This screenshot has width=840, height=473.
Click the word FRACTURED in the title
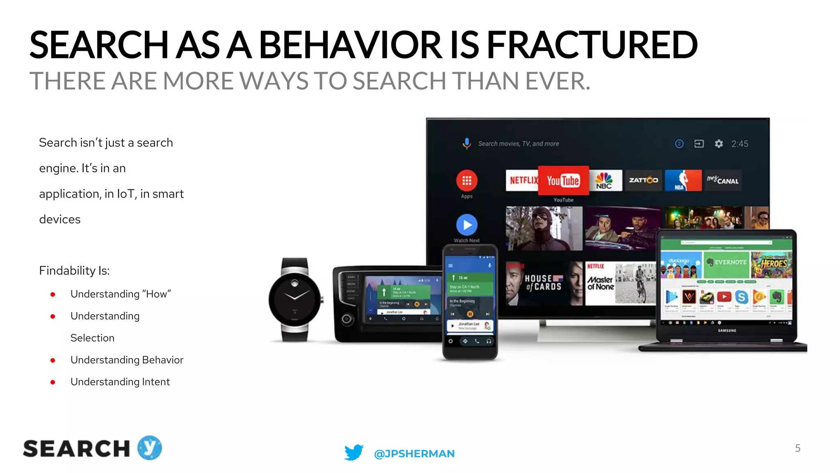(591, 45)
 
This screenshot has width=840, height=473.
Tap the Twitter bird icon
(354, 452)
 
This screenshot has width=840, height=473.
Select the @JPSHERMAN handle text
(414, 454)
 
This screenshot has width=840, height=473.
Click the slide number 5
(797, 448)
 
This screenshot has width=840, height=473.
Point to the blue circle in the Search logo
(150, 448)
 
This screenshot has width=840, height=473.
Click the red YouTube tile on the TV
(563, 180)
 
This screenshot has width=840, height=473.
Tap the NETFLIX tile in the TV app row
(522, 180)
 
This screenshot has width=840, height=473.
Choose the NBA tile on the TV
(682, 180)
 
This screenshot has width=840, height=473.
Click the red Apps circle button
(467, 180)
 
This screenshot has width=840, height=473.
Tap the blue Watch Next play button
(467, 225)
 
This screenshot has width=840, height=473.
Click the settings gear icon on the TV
(719, 144)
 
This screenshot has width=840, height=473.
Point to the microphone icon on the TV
(467, 143)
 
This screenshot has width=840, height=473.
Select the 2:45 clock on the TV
(740, 144)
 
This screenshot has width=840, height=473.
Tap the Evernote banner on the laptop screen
(727, 262)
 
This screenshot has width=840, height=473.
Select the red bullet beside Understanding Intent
(53, 382)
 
